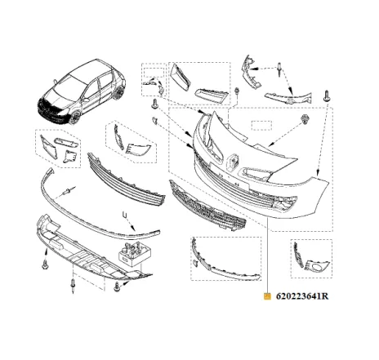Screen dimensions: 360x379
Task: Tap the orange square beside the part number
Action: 266,298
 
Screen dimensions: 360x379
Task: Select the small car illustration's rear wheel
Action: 119,96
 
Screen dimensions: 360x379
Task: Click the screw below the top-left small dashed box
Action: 155,105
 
